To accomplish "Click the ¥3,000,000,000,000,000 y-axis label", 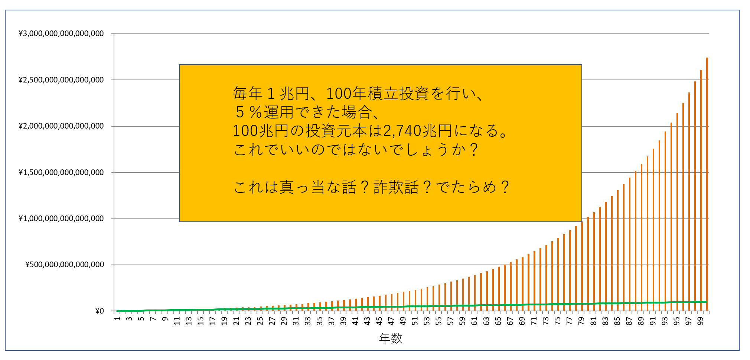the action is tap(61, 34).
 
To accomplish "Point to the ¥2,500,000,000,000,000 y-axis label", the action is tap(61, 80).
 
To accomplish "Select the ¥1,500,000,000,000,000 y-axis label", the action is tap(61, 172).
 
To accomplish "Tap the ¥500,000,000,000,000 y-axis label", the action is tap(65, 265).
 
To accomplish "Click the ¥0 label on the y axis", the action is tap(100, 311).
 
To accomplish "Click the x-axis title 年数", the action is tap(391, 338).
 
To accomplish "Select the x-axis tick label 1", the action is tap(117, 319).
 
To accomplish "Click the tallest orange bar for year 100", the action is tap(707, 184).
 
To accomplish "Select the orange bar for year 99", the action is tap(701, 190).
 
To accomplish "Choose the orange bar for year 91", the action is tap(653, 230).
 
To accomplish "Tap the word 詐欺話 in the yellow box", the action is tap(396, 187).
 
